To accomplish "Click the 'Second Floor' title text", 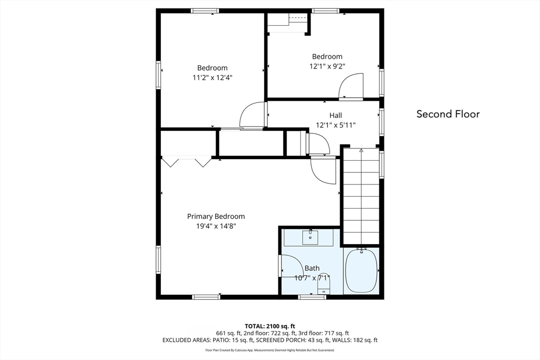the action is pos(448,114).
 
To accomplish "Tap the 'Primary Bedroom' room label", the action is pos(216,217).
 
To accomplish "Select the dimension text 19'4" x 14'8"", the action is pos(216,226).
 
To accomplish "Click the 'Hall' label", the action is pos(335,115).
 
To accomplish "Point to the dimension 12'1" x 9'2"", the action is pos(327,66).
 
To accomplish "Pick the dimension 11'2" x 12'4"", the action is pos(213,77).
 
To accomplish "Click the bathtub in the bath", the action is pos(361,271).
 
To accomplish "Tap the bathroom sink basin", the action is pos(310,238).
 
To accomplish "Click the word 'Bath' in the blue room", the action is pos(312,268).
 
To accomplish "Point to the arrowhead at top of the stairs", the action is pos(361,150).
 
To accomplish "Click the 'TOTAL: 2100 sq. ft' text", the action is pos(270,326).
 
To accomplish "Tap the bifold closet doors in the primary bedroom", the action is pos(186,162).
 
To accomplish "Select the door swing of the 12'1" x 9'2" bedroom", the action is pos(351,86).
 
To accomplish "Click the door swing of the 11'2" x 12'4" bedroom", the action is pos(253,115).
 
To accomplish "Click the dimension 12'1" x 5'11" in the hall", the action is pos(335,125).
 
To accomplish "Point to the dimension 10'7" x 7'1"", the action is pos(312,278).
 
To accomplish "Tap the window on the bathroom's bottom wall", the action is pos(312,297).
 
